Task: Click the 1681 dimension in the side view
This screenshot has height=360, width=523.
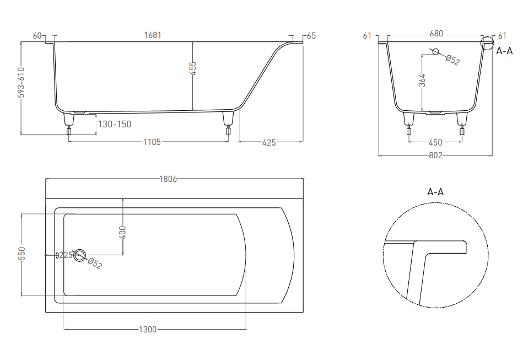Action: tap(153, 35)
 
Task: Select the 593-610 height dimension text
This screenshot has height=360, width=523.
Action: tap(21, 82)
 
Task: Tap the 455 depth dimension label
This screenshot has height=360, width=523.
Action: tap(193, 68)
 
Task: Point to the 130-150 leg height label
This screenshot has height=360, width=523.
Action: tap(115, 124)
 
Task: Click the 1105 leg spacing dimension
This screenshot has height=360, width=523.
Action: tap(152, 142)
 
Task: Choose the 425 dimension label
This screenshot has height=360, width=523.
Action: tap(269, 142)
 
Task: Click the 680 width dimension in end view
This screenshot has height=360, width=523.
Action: tap(436, 34)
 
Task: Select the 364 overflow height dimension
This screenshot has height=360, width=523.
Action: tap(422, 80)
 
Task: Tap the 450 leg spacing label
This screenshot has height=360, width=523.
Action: tap(435, 142)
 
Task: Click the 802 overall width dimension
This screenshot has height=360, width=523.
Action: tap(435, 155)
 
